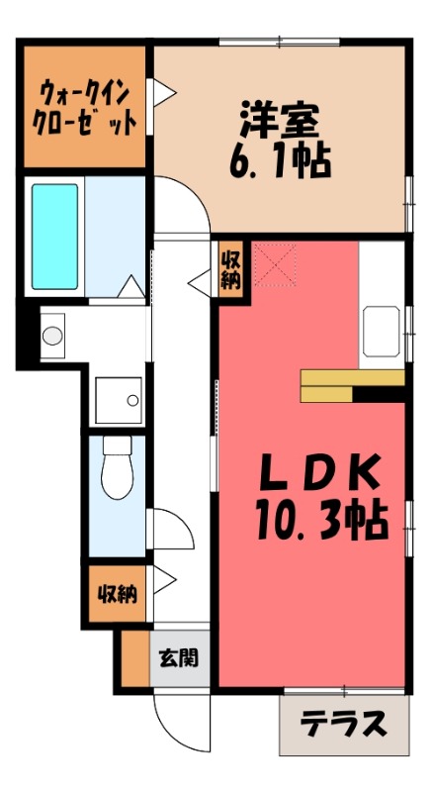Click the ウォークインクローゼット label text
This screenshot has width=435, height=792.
click(x=87, y=108)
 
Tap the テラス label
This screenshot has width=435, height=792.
click(x=343, y=725)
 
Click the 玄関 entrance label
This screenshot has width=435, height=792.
click(x=179, y=657)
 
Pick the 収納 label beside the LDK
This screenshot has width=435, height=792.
click(x=229, y=267)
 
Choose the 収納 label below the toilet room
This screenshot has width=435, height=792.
click(x=117, y=594)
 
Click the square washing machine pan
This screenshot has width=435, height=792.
click(x=118, y=400)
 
